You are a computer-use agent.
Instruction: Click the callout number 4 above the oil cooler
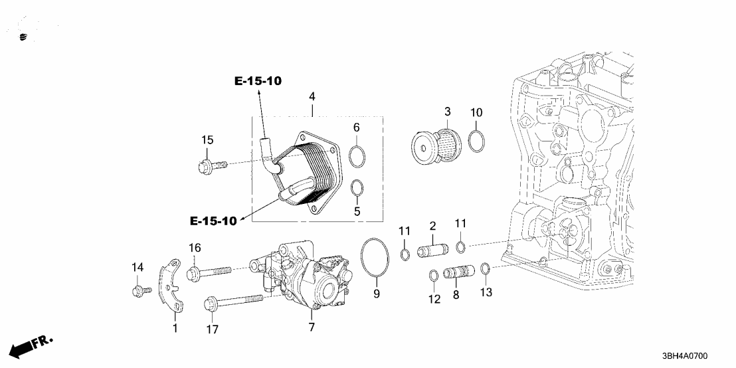312,97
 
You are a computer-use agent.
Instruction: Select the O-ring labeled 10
476,140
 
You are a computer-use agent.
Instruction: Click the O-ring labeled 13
485,268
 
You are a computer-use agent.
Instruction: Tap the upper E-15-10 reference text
258,81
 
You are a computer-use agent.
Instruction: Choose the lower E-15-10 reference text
213,221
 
